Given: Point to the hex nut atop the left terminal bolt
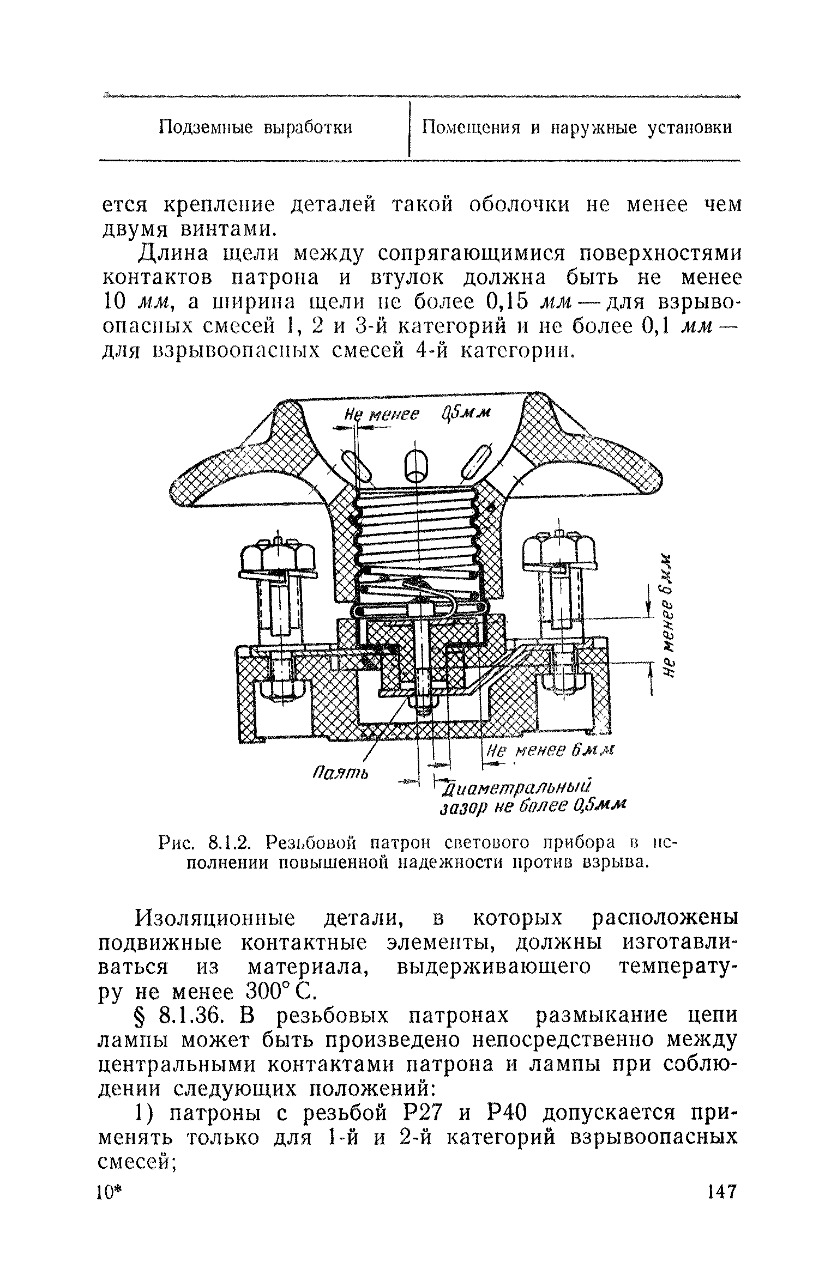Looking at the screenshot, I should point(278,555).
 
